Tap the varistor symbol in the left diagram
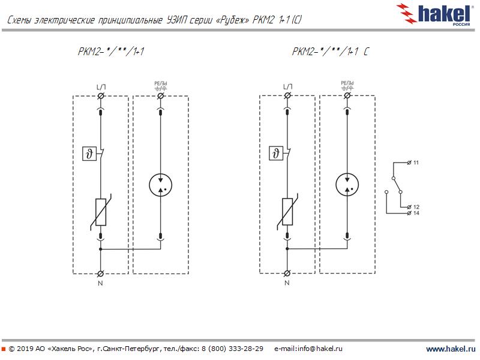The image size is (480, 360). pos(101,212)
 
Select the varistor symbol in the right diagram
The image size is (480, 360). pos(288,212)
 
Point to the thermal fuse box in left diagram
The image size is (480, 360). pos(89,154)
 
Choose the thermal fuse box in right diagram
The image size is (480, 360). pos(276,154)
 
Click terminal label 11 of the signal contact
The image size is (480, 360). pos(416,163)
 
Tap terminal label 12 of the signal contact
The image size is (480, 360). pos(416,206)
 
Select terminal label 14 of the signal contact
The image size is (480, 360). pos(416,213)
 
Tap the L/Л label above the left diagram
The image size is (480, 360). pos(101,88)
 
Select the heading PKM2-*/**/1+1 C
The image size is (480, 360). pos(330,53)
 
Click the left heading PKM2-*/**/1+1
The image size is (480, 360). pos(111,53)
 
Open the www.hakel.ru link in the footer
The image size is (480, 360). pos(450,349)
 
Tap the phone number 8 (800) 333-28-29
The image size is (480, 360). pos(232,349)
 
